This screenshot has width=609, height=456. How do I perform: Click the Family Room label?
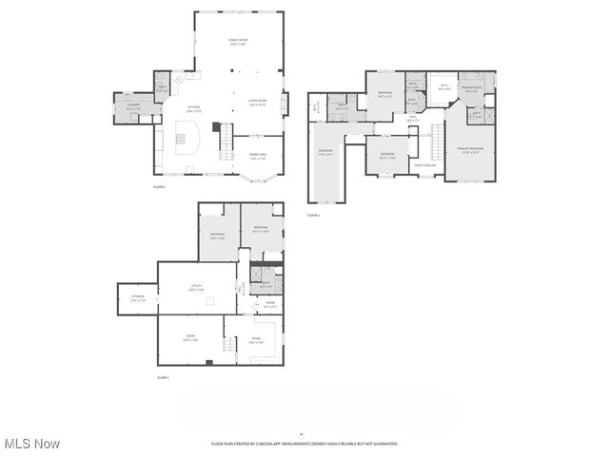click(237, 41)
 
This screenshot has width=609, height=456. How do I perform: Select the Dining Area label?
click(258, 155)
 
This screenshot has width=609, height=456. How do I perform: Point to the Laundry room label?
click(133, 107)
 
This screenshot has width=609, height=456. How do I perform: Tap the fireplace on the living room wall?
click(216, 125)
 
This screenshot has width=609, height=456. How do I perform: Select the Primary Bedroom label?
click(470, 150)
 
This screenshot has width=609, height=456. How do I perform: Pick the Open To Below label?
click(424, 165)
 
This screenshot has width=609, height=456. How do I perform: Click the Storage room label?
click(137, 298)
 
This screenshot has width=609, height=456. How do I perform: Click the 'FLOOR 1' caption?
click(162, 378)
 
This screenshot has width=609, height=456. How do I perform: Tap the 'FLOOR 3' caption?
click(314, 216)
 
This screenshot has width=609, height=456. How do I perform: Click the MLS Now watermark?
click(33, 444)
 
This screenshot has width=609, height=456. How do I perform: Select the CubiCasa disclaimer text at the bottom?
click(304, 444)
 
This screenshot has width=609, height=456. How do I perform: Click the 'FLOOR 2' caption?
click(160, 187)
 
